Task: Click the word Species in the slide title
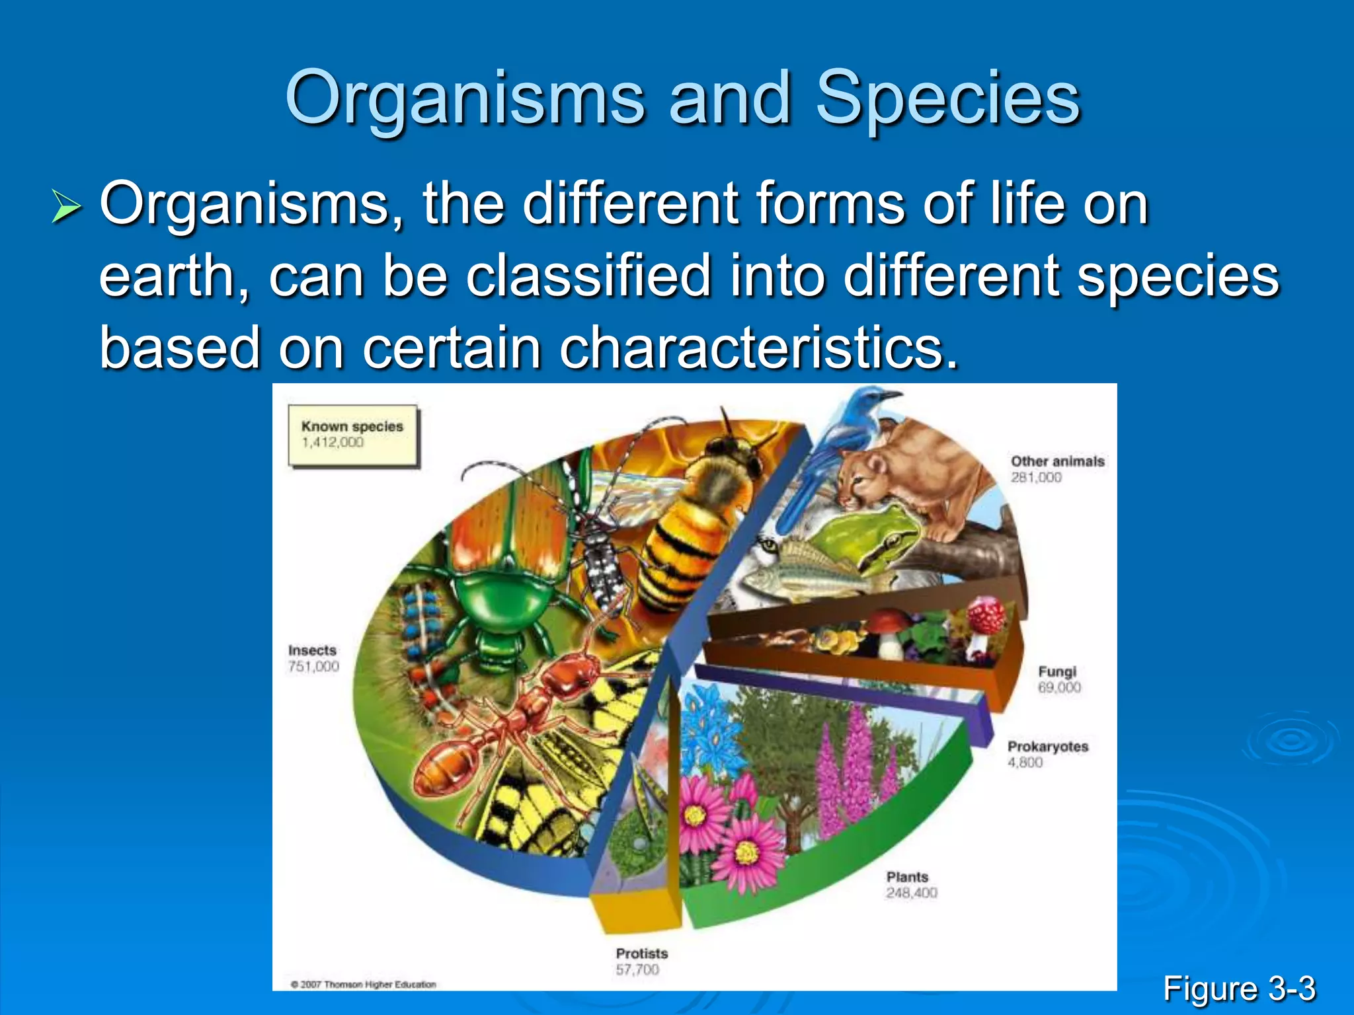click(x=947, y=99)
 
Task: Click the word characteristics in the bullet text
click(x=758, y=348)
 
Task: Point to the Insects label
click(x=312, y=651)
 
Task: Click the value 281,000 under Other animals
click(x=1036, y=478)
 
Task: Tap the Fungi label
click(x=1057, y=671)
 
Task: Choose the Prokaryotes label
click(x=1047, y=747)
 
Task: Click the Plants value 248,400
click(x=912, y=893)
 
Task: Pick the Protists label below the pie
click(x=641, y=954)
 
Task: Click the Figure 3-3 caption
click(x=1239, y=989)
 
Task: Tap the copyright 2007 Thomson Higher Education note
click(x=363, y=985)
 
